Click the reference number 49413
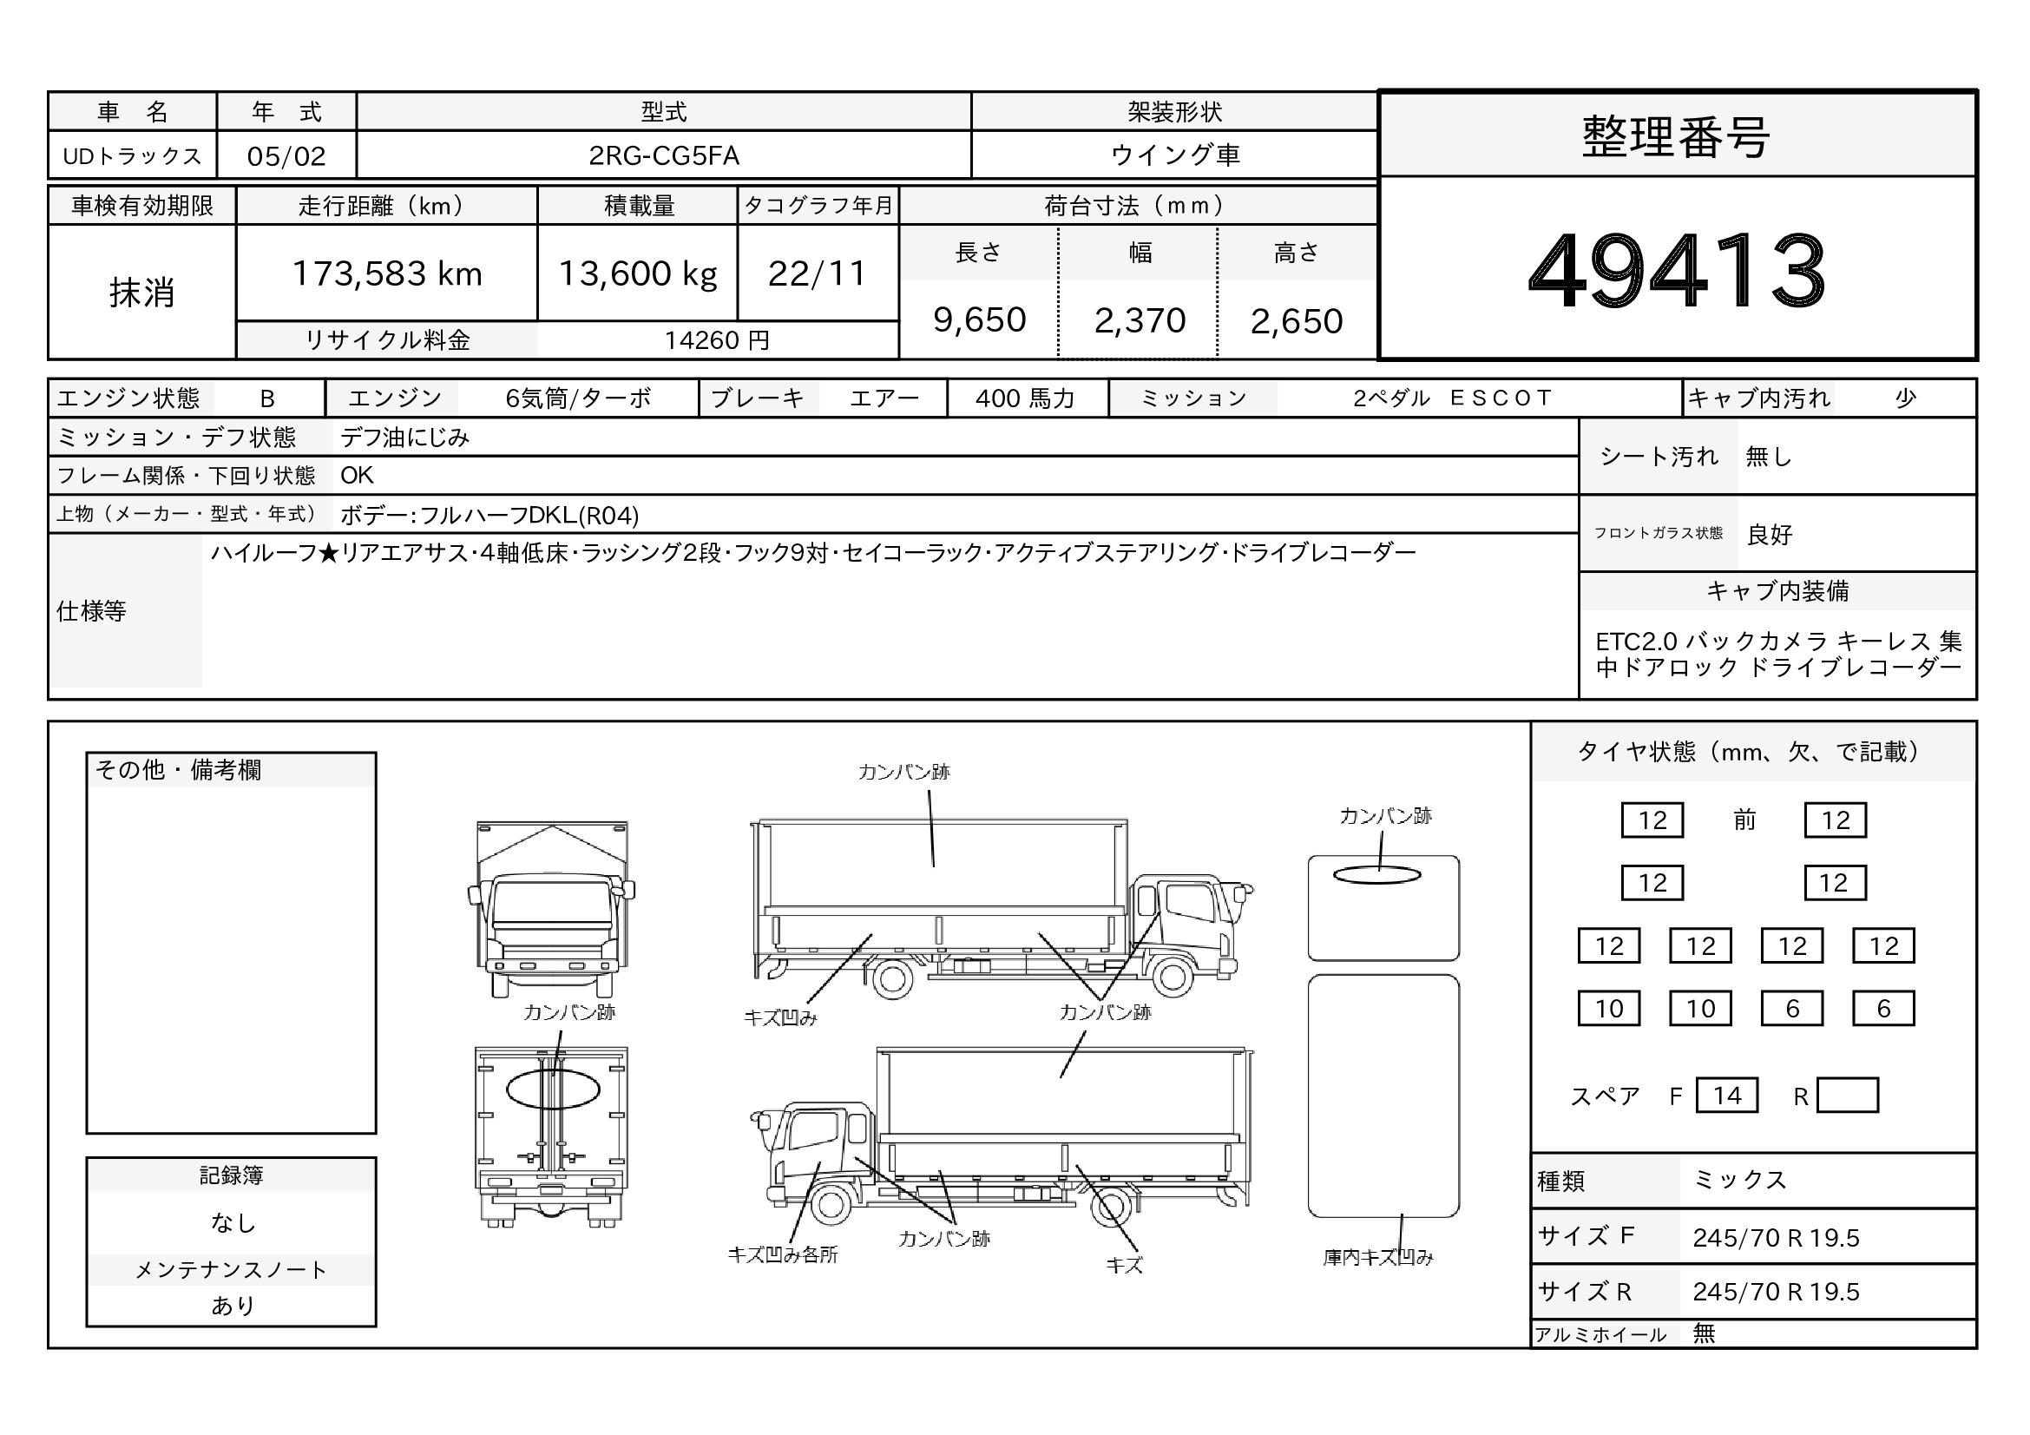click(1677, 270)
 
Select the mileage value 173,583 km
click(387, 274)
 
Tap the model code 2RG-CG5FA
click(664, 155)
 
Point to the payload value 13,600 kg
click(638, 274)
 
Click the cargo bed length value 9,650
click(980, 320)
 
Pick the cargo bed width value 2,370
click(1140, 321)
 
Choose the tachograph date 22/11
click(817, 274)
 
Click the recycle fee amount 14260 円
click(717, 340)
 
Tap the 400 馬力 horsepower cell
click(1026, 398)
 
